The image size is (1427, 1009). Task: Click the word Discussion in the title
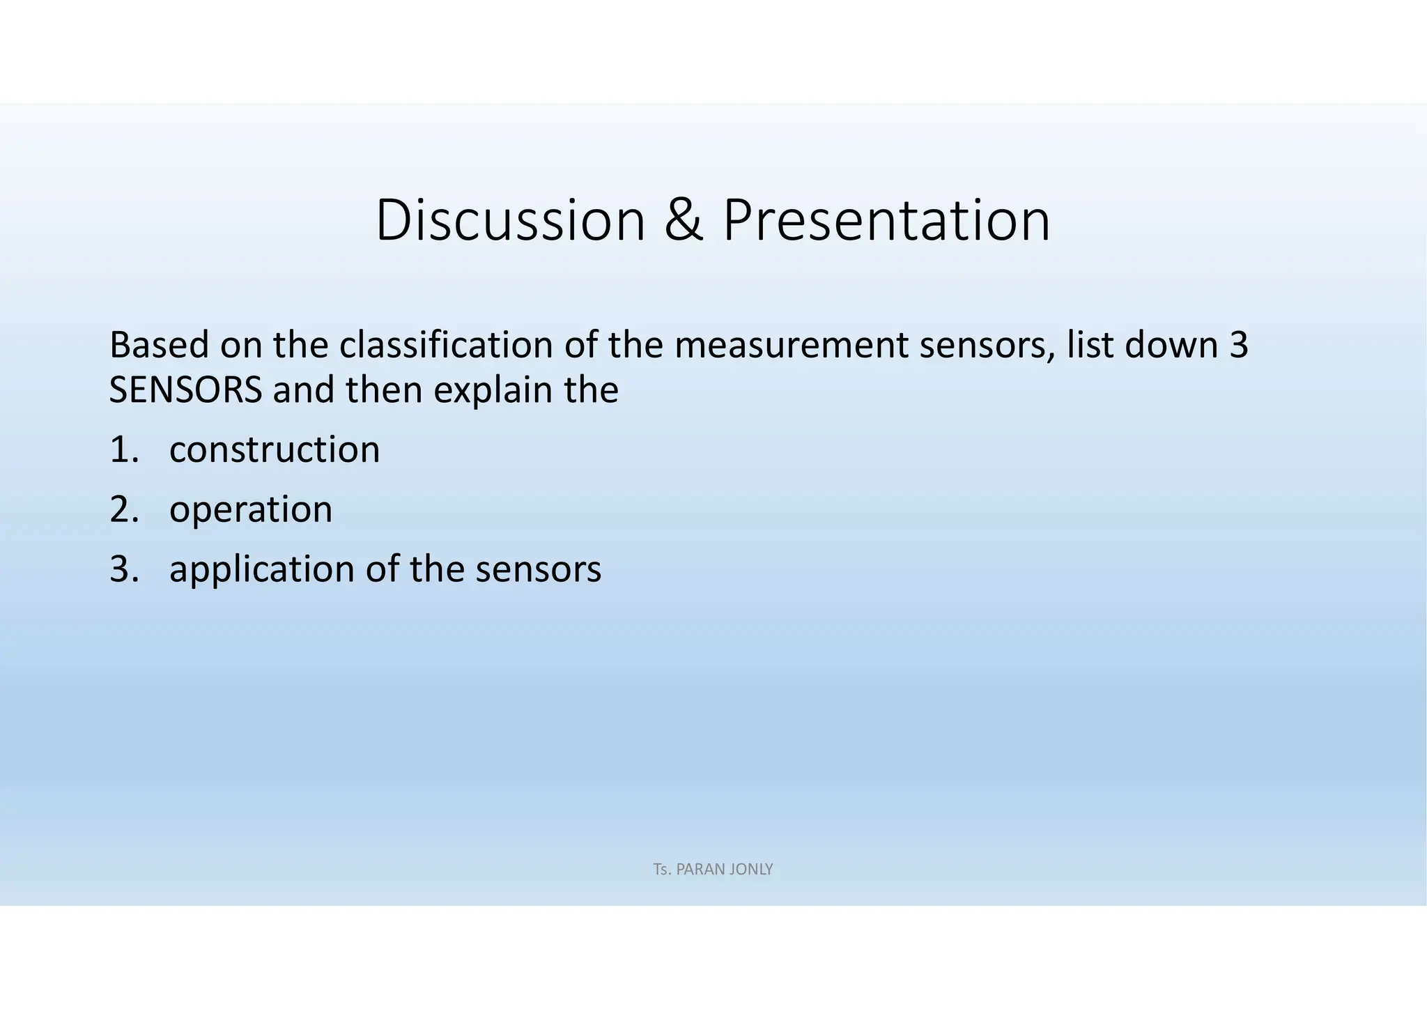point(511,221)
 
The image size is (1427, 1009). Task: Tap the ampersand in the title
point(684,221)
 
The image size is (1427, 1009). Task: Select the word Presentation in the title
point(886,221)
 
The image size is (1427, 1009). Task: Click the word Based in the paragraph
point(159,345)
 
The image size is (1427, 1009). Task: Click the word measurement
point(791,345)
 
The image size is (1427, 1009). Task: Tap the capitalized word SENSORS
point(185,390)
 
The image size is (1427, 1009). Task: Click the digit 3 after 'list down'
point(1238,345)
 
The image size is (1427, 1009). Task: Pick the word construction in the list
point(275,449)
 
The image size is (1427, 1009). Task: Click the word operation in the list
point(251,509)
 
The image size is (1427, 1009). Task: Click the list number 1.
point(123,449)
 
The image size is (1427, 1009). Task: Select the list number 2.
point(123,509)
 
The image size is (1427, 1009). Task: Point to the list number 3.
point(123,569)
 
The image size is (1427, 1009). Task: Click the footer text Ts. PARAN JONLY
point(713,870)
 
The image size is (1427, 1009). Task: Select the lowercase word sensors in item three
point(538,569)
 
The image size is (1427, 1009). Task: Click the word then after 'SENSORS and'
point(384,390)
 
